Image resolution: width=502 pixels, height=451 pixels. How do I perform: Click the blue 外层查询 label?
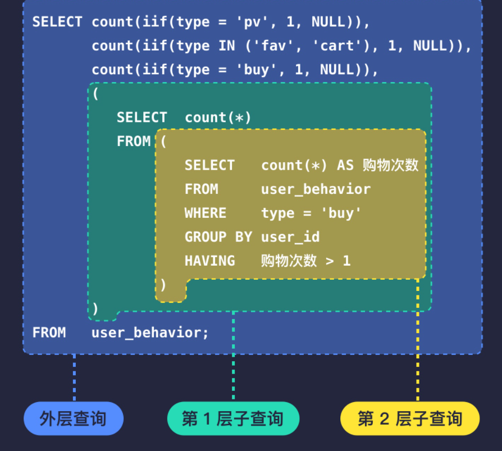73,418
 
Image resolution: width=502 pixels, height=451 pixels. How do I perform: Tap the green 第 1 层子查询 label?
233,418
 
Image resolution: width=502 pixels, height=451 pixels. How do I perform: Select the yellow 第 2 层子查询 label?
410,418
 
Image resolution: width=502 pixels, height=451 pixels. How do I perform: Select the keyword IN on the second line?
227,46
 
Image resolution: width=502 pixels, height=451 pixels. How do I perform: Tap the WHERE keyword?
206,213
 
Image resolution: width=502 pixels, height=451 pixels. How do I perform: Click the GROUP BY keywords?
218,237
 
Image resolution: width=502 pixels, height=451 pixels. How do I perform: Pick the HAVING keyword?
210,261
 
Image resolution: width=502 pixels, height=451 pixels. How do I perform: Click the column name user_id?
290,237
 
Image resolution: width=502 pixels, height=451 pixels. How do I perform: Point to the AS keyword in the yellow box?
345,165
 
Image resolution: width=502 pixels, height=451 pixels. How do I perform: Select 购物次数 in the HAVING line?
289,261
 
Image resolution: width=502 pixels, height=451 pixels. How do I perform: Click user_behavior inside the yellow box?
316,189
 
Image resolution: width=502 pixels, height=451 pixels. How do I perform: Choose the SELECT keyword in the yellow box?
210,165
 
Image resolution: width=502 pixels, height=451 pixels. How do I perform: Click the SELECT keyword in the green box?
142,117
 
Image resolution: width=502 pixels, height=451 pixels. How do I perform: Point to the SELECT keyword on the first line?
57,22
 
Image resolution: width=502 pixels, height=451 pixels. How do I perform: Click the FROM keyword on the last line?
49,332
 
